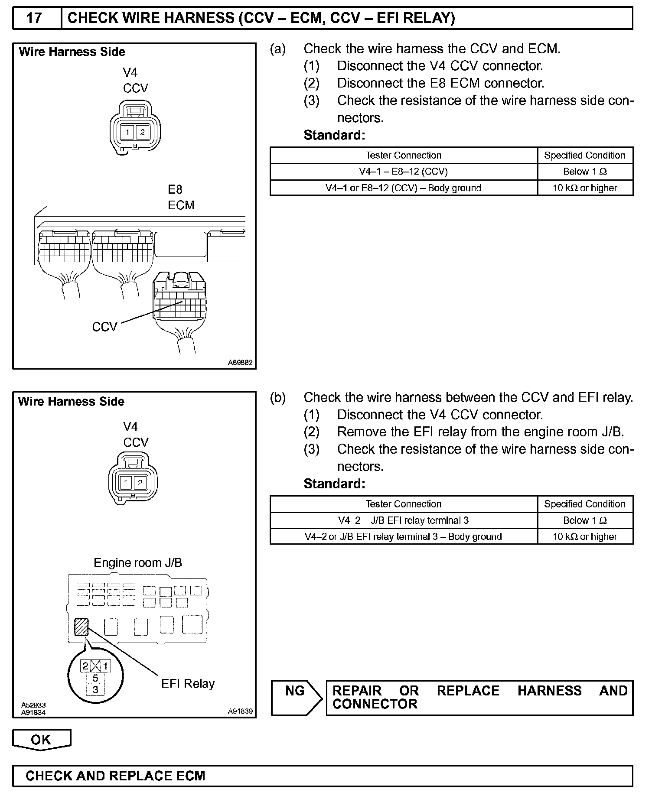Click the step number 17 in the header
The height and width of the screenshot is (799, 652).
[x=34, y=18]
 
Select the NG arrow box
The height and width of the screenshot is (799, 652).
[x=296, y=697]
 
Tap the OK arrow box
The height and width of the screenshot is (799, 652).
[x=41, y=740]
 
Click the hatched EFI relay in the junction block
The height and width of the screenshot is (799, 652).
[x=81, y=627]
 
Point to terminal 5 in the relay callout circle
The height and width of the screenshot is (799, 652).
[x=95, y=678]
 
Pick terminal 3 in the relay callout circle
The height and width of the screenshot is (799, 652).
[x=95, y=689]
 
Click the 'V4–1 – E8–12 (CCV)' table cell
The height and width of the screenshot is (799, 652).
[x=403, y=172]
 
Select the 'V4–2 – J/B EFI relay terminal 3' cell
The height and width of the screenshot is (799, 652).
[x=403, y=520]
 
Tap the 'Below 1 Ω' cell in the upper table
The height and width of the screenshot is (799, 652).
[x=585, y=172]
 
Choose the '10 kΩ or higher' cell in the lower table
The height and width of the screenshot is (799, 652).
[x=585, y=537]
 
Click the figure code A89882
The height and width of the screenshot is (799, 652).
[x=240, y=363]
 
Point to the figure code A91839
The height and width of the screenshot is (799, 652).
[x=240, y=711]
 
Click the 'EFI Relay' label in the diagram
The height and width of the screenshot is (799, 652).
[x=188, y=684]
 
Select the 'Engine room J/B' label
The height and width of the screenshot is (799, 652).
[x=138, y=563]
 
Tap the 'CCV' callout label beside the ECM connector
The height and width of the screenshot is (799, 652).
[x=104, y=327]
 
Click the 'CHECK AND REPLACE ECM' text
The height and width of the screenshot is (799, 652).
[x=115, y=776]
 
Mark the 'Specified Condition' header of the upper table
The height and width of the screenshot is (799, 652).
[x=584, y=155]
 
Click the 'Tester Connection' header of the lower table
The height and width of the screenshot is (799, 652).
[x=403, y=504]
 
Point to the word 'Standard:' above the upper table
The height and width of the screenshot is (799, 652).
[x=334, y=135]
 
